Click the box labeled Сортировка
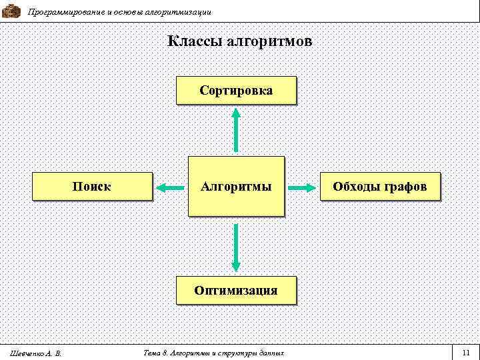[235, 90]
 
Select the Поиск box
[92, 186]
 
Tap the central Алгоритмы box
[235, 186]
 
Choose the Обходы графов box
[380, 186]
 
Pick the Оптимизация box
[235, 290]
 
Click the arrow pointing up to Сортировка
[235, 131]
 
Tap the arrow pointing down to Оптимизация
[235, 247]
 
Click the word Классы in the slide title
[195, 42]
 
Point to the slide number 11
[465, 351]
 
